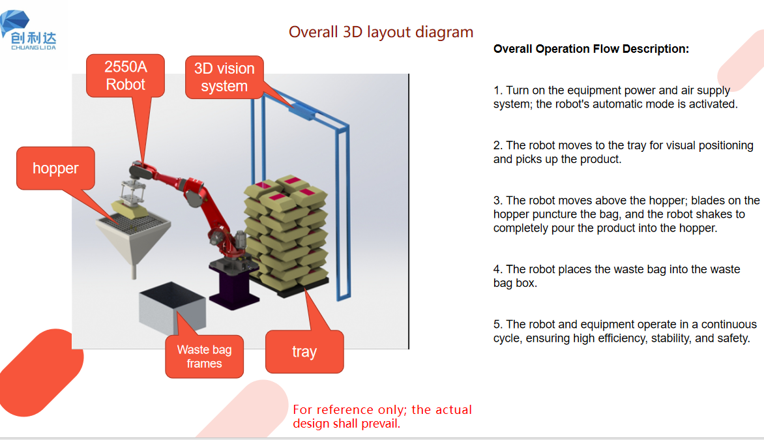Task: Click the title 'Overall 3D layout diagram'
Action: (381, 32)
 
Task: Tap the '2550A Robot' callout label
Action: (125, 76)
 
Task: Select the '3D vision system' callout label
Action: (224, 78)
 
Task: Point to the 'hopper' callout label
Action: (55, 168)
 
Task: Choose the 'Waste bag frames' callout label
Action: (204, 357)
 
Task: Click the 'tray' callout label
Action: (304, 352)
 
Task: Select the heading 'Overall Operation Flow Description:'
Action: (591, 49)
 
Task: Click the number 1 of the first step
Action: (497, 91)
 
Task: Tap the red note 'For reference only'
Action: (382, 416)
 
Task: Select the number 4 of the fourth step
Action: (497, 269)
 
